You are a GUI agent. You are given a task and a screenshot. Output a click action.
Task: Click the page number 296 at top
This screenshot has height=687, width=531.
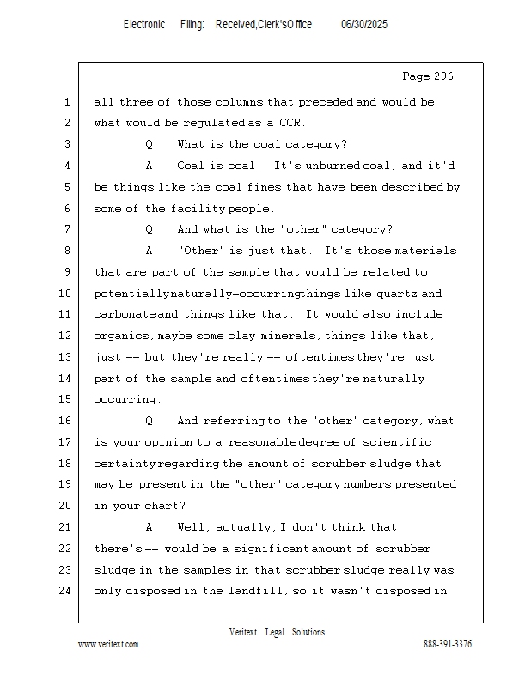pos(440,76)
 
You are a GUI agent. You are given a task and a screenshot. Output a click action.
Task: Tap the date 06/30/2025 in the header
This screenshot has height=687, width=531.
pos(364,25)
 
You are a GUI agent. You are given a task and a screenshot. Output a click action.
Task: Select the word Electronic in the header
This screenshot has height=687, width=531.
pos(144,25)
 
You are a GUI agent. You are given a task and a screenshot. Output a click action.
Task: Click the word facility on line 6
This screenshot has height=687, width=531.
pos(198,208)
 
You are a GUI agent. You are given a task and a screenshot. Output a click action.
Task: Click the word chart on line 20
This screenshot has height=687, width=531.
pos(169,506)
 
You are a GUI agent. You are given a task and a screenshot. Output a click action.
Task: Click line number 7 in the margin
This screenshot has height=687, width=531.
pos(67,229)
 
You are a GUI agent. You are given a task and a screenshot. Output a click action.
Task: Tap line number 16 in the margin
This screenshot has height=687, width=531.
pos(65,421)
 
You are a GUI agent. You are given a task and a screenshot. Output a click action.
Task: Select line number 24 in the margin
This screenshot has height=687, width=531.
pos(65,591)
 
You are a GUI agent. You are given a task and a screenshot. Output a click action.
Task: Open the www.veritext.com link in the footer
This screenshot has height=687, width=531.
pos(108,644)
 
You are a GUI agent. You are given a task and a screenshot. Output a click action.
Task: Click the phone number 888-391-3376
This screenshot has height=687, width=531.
pos(448,644)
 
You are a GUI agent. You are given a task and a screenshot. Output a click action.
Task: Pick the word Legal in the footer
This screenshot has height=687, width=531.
pos(274,632)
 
